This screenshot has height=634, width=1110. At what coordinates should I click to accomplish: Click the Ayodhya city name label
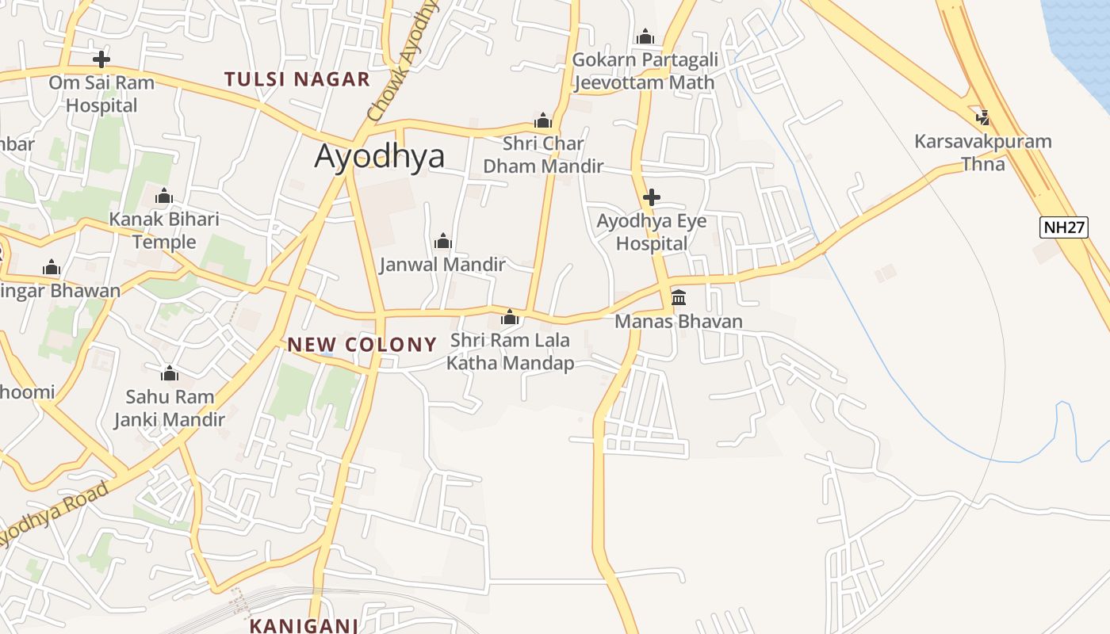(379, 156)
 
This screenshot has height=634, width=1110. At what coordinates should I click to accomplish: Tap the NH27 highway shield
(1063, 227)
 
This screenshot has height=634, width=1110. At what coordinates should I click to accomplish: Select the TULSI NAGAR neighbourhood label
(297, 79)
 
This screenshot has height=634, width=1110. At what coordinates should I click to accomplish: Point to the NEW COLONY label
(362, 344)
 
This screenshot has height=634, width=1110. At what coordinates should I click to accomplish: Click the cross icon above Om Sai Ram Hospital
(101, 59)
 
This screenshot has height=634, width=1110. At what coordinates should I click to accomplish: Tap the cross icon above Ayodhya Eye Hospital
(652, 197)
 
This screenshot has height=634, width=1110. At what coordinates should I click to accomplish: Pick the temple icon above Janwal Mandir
(442, 241)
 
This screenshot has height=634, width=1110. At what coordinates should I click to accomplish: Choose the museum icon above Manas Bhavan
(679, 298)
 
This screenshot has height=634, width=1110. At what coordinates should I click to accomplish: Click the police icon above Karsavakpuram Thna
(983, 118)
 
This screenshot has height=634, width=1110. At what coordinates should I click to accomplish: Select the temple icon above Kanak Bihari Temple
(164, 196)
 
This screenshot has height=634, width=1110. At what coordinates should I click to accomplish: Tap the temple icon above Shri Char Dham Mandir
(543, 120)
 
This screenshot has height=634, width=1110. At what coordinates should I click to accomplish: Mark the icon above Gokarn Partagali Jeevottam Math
(645, 36)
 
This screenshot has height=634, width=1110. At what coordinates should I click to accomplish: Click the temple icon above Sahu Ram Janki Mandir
(169, 373)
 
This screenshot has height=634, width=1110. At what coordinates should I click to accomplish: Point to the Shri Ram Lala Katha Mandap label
(511, 352)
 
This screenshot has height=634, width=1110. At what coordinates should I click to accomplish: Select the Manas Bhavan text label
(679, 321)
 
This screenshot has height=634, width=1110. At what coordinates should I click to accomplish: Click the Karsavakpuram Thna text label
(983, 153)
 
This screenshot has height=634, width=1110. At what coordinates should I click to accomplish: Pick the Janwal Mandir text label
(442, 264)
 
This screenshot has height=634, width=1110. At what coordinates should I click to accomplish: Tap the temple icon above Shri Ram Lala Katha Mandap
(510, 318)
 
